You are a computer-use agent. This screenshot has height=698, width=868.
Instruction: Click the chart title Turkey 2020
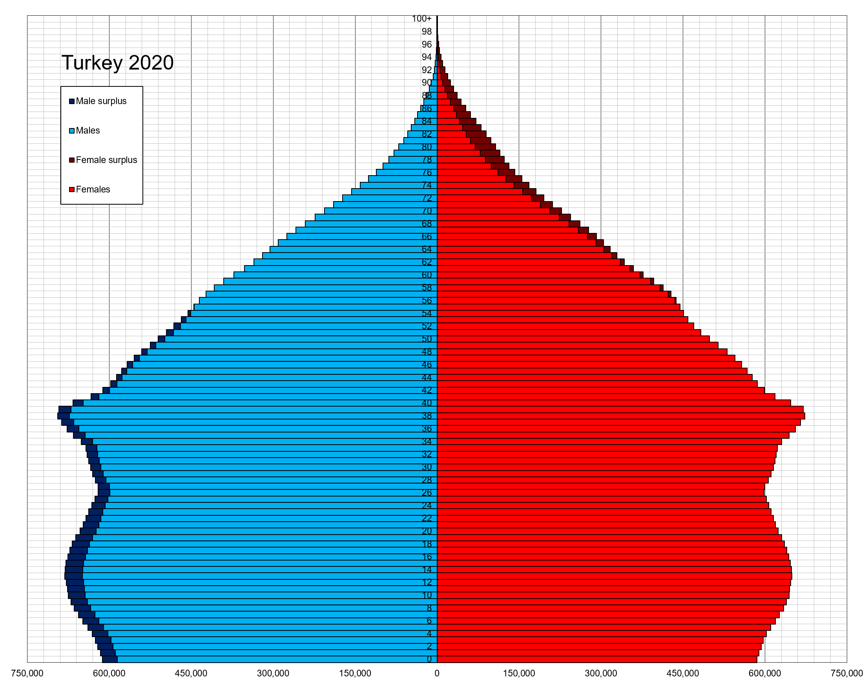click(117, 63)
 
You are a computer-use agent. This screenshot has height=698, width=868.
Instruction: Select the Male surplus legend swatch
click(72, 101)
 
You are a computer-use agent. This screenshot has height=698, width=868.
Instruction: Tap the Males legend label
click(88, 130)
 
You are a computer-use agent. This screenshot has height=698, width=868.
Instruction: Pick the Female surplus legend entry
click(106, 160)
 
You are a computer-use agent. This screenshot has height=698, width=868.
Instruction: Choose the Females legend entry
click(93, 189)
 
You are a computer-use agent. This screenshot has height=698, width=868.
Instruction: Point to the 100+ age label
click(421, 18)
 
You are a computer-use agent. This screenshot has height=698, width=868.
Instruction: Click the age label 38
click(427, 416)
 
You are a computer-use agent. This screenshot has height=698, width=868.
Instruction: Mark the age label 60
click(427, 275)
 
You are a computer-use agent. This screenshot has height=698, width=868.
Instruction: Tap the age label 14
click(427, 570)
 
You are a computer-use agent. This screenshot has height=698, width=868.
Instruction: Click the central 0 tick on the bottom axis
click(437, 673)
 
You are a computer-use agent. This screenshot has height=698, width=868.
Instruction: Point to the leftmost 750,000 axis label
click(27, 673)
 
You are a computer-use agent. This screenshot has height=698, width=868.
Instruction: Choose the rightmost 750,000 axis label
click(847, 673)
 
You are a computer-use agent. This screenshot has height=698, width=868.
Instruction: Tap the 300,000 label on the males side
click(273, 673)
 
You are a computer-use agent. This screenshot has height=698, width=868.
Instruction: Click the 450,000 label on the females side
click(683, 673)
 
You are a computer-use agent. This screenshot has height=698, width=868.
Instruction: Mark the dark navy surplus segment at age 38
click(64, 416)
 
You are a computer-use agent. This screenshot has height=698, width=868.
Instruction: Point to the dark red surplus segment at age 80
click(485, 147)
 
